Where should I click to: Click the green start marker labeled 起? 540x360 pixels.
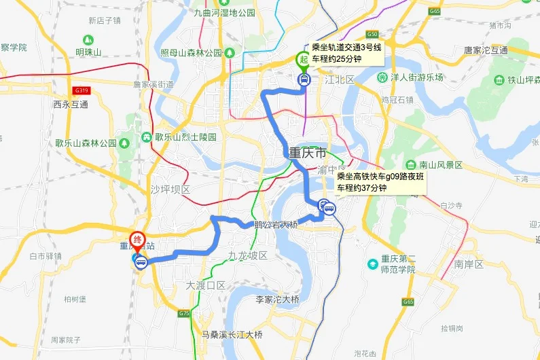pyautogui.click(x=303, y=60)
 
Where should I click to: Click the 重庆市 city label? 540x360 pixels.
pyautogui.click(x=308, y=152)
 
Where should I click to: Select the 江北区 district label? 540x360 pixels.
pyautogui.click(x=340, y=80)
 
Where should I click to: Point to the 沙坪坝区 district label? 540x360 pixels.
pyautogui.click(x=170, y=189)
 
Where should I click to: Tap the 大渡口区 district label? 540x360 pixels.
pyautogui.click(x=205, y=286)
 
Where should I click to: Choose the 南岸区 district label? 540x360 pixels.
pyautogui.click(x=469, y=264)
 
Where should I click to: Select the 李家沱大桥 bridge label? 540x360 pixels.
pyautogui.click(x=277, y=300)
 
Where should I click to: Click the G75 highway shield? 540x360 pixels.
pyautogui.click(x=184, y=314)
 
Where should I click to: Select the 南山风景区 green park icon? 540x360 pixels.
pyautogui.click(x=411, y=165)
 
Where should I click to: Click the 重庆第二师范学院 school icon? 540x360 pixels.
pyautogui.click(x=373, y=264)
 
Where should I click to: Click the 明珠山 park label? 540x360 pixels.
pyautogui.click(x=88, y=52)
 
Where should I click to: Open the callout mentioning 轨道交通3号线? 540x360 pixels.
pyautogui.click(x=346, y=53)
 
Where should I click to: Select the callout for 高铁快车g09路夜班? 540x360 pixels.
pyautogui.click(x=380, y=182)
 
